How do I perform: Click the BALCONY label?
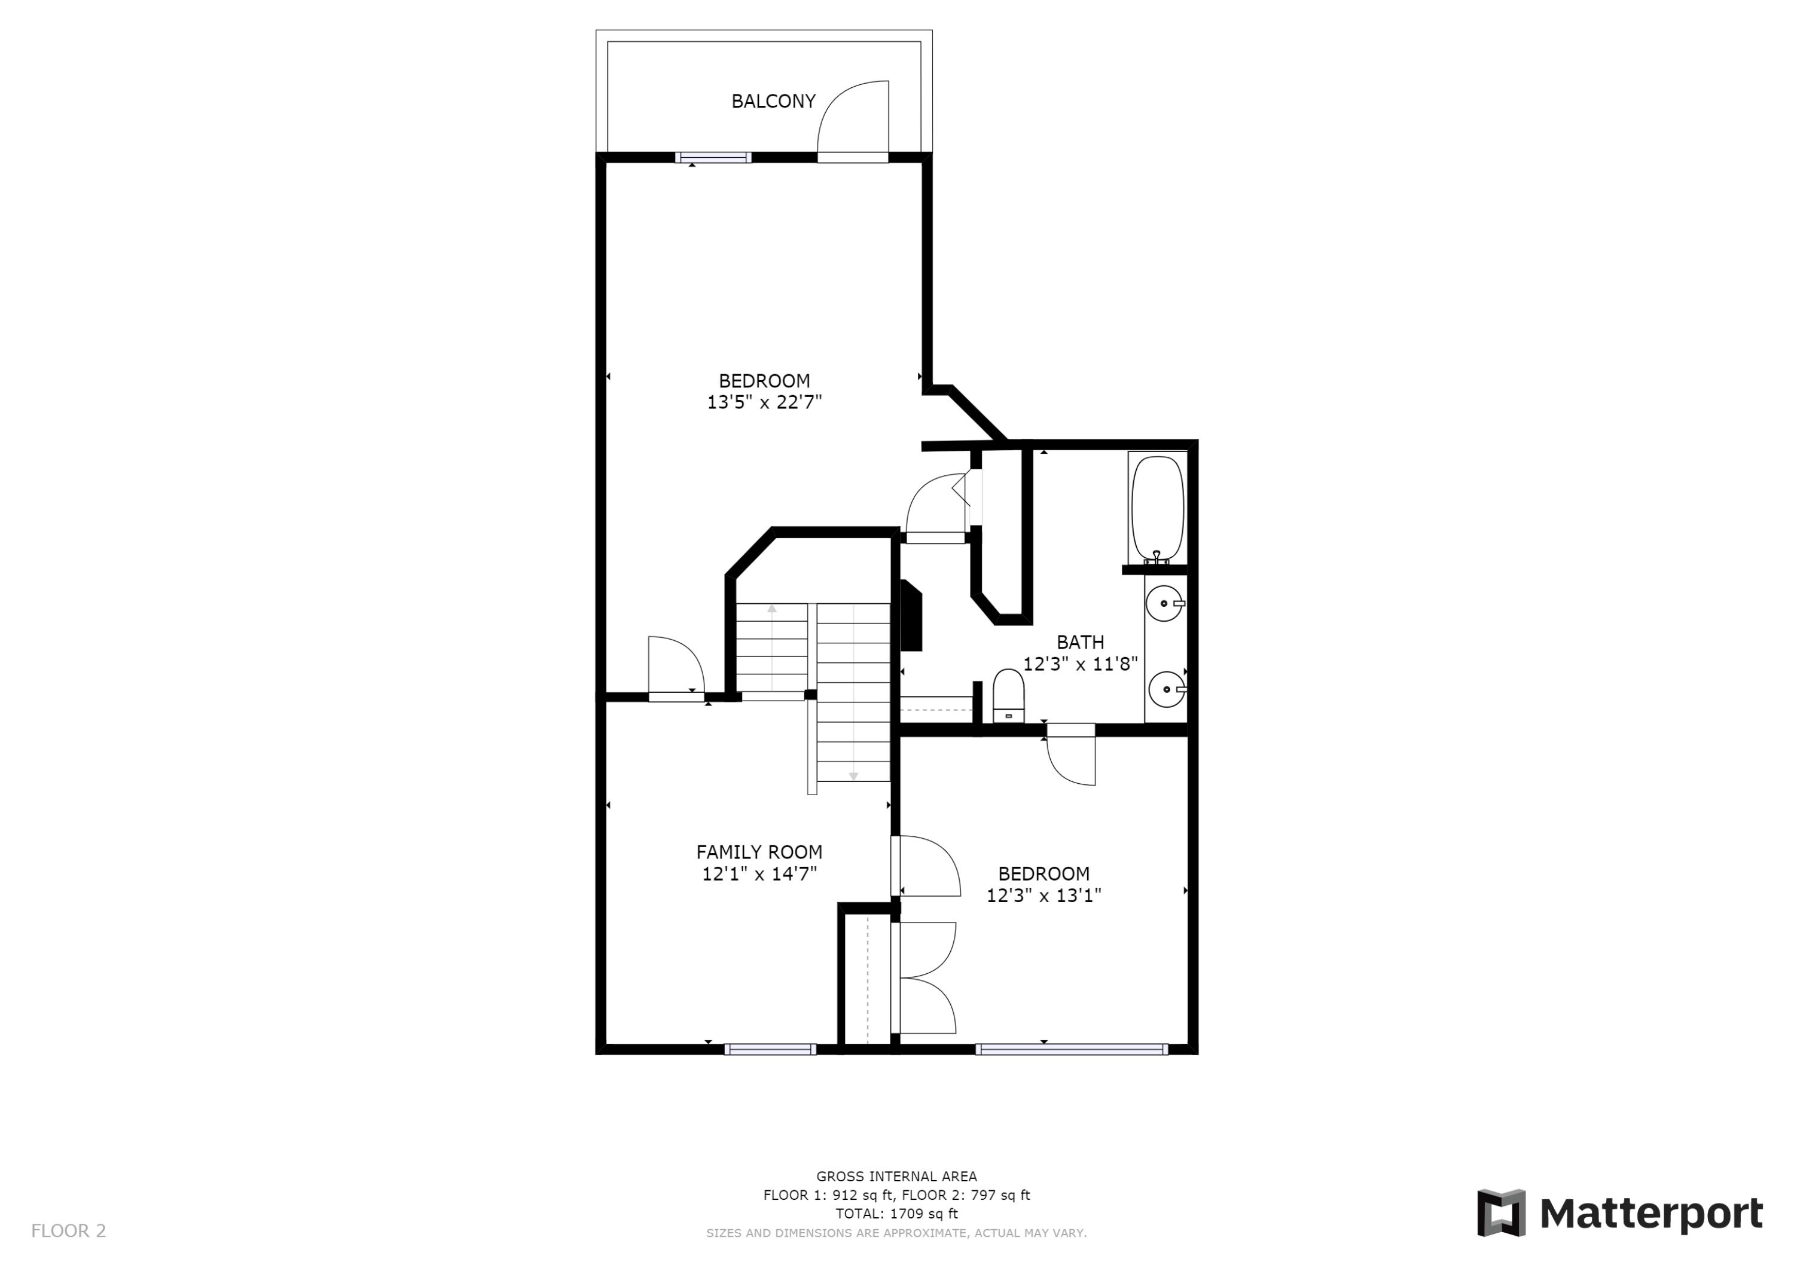773,101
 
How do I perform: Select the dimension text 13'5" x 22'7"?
764,402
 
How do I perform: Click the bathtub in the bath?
1157,508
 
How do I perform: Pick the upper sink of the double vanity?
1164,604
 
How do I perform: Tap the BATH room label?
1080,642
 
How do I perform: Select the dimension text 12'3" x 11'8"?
1080,664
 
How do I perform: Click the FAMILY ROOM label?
759,851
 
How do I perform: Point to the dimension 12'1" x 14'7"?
759,873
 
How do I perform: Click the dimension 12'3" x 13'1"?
1043,896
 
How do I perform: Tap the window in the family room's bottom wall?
770,1049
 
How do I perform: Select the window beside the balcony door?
713,158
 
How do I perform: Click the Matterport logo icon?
1500,1212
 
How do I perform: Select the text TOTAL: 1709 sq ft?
896,1214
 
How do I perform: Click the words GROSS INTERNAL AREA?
896,1176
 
